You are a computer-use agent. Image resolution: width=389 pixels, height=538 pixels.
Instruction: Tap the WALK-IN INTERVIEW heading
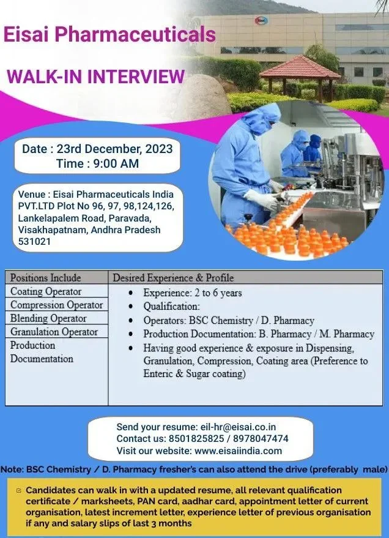(x=95, y=77)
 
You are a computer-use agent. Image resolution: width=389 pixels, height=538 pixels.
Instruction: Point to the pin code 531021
(x=34, y=242)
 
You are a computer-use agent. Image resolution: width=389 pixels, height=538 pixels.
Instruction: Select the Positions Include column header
(x=45, y=278)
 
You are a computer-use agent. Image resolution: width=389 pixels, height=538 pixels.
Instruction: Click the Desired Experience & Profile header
(x=173, y=278)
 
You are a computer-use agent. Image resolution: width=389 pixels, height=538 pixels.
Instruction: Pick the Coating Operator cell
(x=46, y=291)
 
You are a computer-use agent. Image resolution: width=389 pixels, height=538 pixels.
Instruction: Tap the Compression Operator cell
(x=56, y=305)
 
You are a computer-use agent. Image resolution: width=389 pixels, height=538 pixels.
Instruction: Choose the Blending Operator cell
(x=48, y=318)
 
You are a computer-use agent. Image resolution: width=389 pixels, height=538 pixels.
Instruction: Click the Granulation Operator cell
(x=54, y=332)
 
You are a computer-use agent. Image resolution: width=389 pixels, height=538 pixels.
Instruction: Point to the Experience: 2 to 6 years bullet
(x=192, y=293)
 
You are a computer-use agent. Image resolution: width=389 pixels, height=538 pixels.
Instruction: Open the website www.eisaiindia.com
(x=238, y=451)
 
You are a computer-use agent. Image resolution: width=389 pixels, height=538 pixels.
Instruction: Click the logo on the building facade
(x=261, y=21)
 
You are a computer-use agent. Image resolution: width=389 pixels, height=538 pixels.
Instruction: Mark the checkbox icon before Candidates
(x=19, y=490)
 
